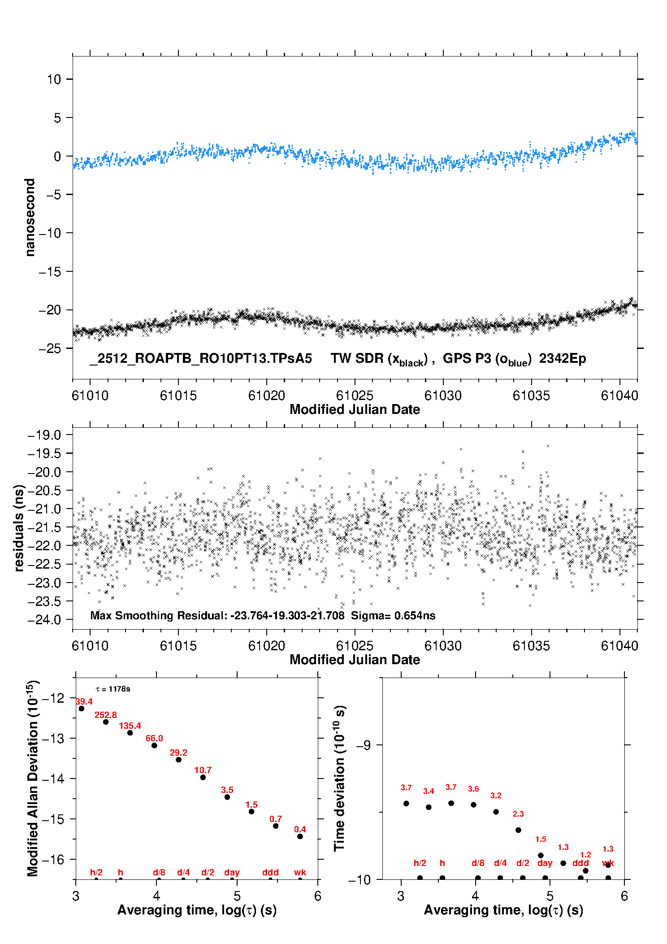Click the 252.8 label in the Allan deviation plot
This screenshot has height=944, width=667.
(105, 715)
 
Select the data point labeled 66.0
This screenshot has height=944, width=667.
(154, 745)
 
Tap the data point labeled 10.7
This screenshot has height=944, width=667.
(203, 777)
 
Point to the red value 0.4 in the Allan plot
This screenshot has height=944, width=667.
(300, 829)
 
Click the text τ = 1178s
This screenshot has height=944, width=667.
(113, 689)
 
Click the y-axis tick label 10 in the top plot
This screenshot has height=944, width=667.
(54, 79)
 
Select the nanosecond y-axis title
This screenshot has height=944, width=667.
(30, 217)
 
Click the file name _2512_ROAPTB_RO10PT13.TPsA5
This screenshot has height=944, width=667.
(200, 358)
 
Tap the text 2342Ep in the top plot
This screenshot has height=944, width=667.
(563, 358)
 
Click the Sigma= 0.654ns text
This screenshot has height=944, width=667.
(393, 615)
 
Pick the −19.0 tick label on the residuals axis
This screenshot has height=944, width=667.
(44, 435)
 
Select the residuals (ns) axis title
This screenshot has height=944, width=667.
(18, 527)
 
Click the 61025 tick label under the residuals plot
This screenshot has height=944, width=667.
(355, 646)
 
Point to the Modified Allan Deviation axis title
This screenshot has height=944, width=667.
(32, 778)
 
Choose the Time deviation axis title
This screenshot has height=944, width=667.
(339, 778)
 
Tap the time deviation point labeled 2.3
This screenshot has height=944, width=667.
(518, 830)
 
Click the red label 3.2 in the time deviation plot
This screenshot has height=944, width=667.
(496, 796)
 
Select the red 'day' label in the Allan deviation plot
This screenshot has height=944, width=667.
(232, 872)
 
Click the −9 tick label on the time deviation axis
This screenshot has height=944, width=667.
(364, 745)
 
